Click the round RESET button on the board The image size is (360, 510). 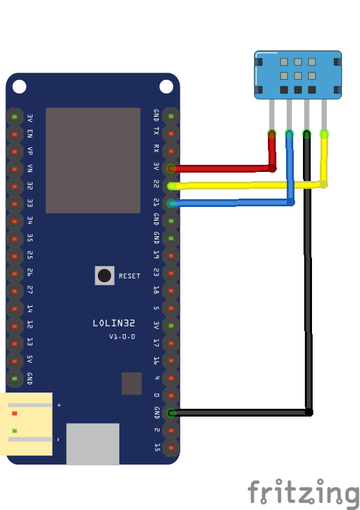[104, 276]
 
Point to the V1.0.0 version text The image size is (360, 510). [122, 337]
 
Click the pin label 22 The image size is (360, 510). [156, 186]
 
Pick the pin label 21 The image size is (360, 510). [156, 203]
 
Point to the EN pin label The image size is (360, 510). [30, 134]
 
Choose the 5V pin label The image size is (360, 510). [30, 360]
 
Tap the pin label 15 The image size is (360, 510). [156, 447]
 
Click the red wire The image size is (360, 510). [221, 168]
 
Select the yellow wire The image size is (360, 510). [246, 186]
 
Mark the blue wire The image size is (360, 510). [234, 203]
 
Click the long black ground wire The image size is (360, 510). [309, 292]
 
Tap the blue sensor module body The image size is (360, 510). [298, 75]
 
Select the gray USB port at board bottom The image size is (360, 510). [93, 444]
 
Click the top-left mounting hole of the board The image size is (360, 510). [19, 86]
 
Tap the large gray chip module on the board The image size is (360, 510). [93, 160]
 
